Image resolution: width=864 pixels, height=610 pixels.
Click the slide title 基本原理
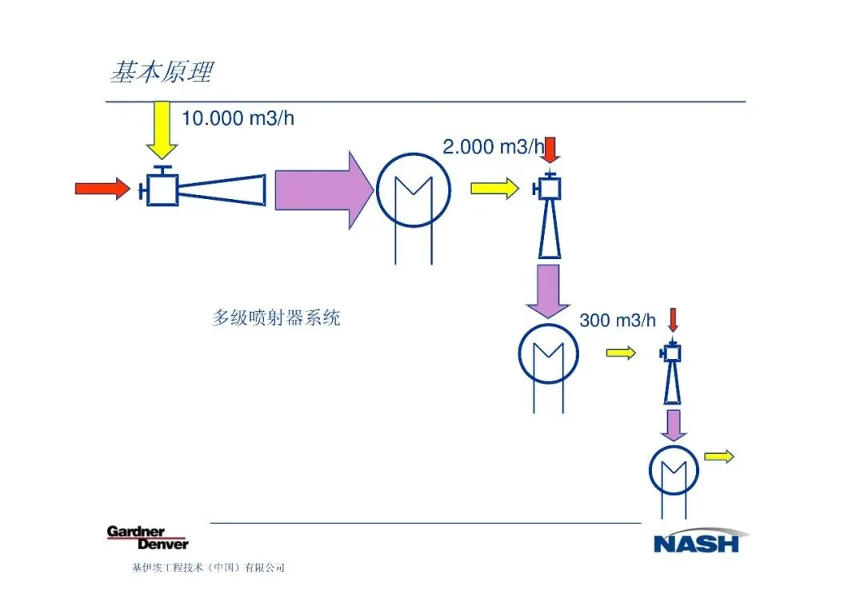click(161, 73)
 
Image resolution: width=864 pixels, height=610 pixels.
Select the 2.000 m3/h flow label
click(493, 146)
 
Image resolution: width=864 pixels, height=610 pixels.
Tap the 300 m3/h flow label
click(617, 320)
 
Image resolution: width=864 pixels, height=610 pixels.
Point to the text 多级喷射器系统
click(276, 317)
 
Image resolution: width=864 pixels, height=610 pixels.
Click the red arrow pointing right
click(102, 189)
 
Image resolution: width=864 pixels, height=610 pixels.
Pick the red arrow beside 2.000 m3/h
click(550, 150)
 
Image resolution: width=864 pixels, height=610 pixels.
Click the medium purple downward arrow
click(548, 293)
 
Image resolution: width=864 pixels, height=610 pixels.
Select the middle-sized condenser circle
click(549, 353)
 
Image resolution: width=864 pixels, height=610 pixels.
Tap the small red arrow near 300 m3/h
click(672, 319)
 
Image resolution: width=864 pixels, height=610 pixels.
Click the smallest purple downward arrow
click(674, 425)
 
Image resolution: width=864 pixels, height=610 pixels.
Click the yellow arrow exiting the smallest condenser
click(718, 457)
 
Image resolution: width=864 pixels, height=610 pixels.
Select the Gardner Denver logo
click(147, 537)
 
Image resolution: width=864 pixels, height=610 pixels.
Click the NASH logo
click(697, 541)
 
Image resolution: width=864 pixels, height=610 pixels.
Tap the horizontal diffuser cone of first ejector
click(222, 189)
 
